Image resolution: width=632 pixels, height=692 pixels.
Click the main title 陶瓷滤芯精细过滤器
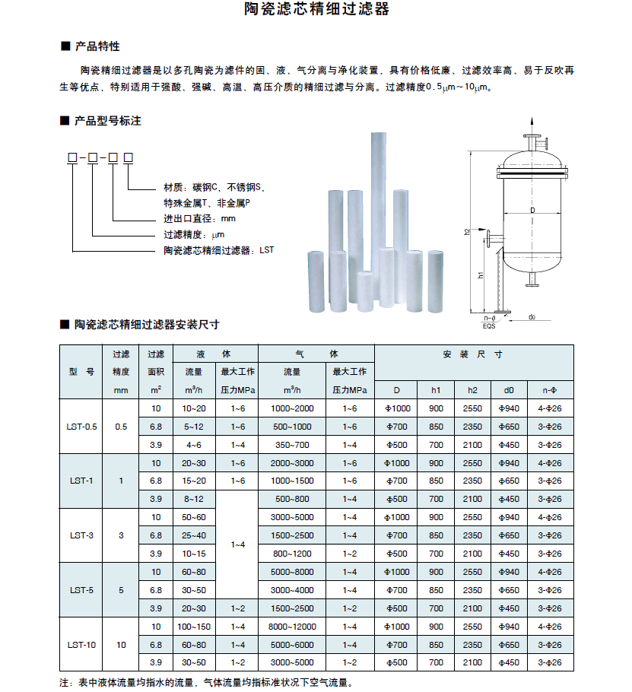316,10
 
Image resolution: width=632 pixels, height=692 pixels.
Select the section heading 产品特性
97,47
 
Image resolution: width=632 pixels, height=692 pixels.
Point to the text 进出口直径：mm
200,219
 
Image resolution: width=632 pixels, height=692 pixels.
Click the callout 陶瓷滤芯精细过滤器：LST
218,249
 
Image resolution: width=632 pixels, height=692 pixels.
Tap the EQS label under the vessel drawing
490,326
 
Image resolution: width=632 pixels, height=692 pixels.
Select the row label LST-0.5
81,427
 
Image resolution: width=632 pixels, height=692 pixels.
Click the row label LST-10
81,645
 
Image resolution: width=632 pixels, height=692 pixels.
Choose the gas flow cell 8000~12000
292,627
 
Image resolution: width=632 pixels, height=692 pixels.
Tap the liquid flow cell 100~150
194,627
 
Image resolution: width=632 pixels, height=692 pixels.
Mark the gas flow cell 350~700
292,445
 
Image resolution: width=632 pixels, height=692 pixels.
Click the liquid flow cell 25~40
194,535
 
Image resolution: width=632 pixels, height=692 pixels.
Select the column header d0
509,390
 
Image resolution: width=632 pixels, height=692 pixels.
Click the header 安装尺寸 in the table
473,354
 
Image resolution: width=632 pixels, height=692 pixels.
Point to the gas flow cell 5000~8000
292,572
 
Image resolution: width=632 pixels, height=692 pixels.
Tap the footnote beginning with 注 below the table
206,682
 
